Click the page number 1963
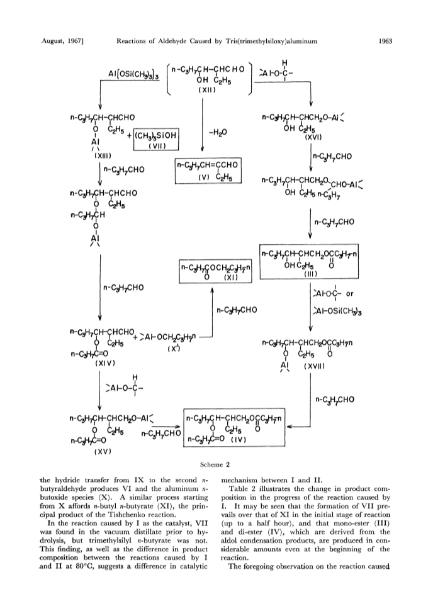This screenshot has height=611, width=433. [385, 40]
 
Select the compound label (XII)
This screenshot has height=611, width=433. [207, 89]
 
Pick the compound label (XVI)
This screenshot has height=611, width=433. [313, 137]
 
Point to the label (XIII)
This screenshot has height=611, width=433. [103, 156]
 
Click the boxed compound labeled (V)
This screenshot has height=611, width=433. [208, 171]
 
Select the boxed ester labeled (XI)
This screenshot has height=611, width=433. [215, 271]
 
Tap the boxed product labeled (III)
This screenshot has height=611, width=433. [310, 262]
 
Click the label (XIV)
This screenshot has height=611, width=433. [105, 363]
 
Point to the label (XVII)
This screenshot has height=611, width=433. [315, 366]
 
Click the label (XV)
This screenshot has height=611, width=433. [103, 452]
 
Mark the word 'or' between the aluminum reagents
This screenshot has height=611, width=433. [349, 293]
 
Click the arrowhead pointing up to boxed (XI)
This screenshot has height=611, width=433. [213, 291]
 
